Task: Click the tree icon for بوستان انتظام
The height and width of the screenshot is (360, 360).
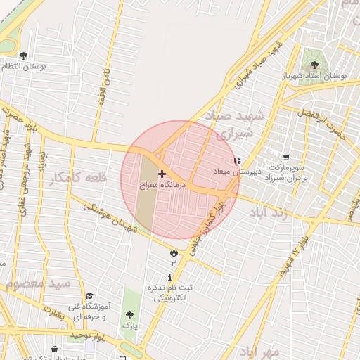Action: click(x=23, y=56)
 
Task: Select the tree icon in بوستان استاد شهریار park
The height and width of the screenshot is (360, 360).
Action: click(x=314, y=65)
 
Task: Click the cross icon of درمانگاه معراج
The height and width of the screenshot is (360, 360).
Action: click(x=162, y=173)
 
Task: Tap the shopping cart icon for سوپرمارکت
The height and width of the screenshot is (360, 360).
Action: click(x=285, y=158)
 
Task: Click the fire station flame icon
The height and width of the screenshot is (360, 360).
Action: click(x=173, y=252)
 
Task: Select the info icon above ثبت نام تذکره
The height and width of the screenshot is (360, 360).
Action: click(x=169, y=277)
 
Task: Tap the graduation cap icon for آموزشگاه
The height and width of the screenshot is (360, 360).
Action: click(x=89, y=297)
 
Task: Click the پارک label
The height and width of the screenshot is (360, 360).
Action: click(x=129, y=326)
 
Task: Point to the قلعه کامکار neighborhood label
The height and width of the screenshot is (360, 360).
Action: click(x=78, y=178)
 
